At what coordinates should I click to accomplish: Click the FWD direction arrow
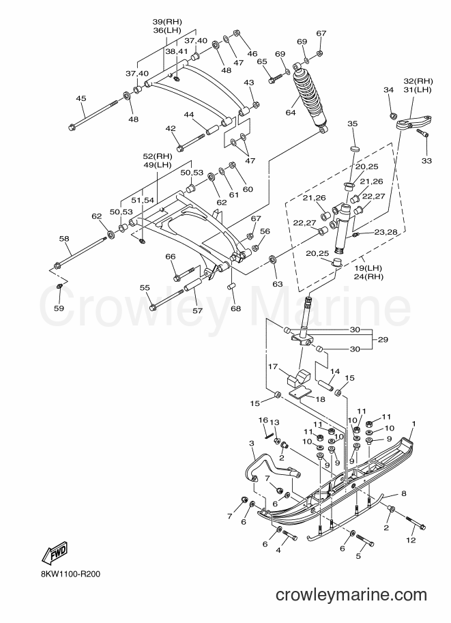pyautogui.click(x=55, y=553)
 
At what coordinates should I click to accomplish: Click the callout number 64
pyautogui.click(x=291, y=113)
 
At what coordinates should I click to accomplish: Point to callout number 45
pyautogui.click(x=81, y=98)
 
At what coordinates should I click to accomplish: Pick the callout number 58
pyautogui.click(x=64, y=238)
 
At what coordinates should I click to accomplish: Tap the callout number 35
pyautogui.click(x=353, y=124)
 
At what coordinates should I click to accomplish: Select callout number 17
pyautogui.click(x=273, y=366)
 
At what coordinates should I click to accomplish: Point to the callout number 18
pyautogui.click(x=320, y=399)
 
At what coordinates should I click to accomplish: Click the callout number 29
pyautogui.click(x=383, y=340)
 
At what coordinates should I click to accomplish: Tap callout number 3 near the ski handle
pyautogui.click(x=252, y=443)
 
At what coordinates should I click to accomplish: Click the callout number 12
pyautogui.click(x=411, y=540)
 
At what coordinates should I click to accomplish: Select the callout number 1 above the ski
pyautogui.click(x=413, y=424)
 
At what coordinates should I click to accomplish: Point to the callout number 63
pyautogui.click(x=278, y=284)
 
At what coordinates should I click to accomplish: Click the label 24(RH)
pyautogui.click(x=368, y=277)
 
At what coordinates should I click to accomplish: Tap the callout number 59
pyautogui.click(x=59, y=308)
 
